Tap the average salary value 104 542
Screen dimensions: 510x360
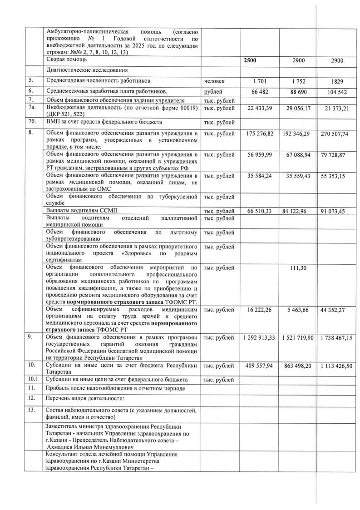[x=337, y=91]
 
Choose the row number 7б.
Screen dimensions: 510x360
[x=33, y=122]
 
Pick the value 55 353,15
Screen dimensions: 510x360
[x=336, y=177]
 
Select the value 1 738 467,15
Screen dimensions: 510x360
[x=336, y=339]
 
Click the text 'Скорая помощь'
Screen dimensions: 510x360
[x=68, y=60]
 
